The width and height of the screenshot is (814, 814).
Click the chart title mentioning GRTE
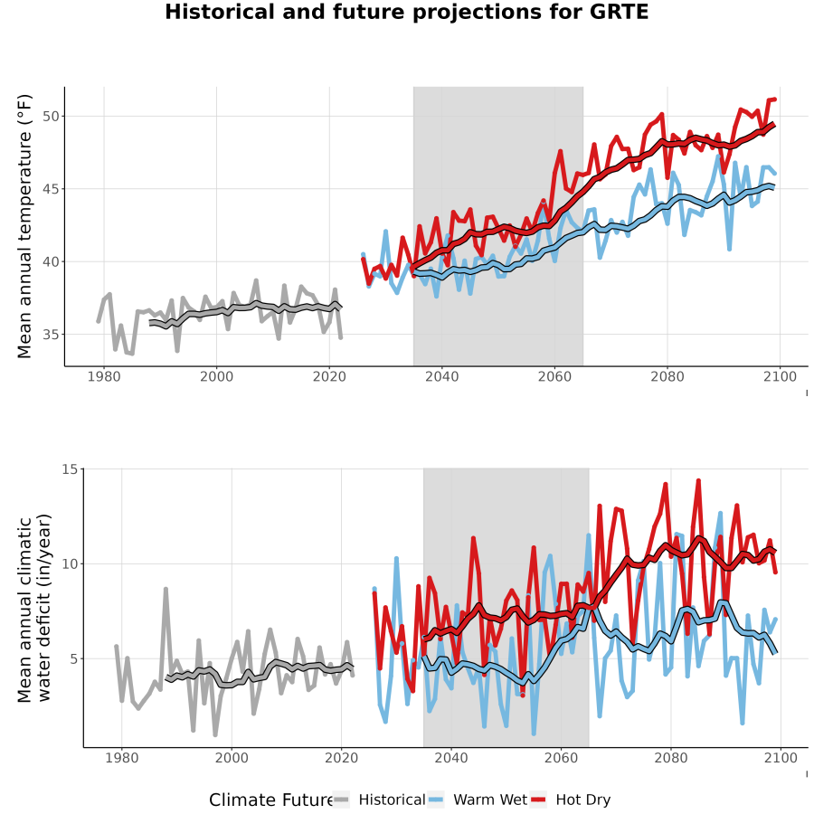pyautogui.click(x=406, y=12)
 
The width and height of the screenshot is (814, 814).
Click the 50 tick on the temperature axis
pyautogui.click(x=51, y=117)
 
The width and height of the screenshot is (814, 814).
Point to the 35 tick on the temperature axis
pyautogui.click(x=51, y=335)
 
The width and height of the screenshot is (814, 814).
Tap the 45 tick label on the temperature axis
pyautogui.click(x=51, y=189)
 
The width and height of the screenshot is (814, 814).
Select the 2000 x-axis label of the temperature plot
pyautogui.click(x=216, y=376)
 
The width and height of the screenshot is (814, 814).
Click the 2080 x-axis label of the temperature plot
pyautogui.click(x=667, y=376)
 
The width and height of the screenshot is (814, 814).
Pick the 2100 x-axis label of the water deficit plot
pyautogui.click(x=781, y=758)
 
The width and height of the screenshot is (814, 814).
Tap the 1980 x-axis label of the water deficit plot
pyautogui.click(x=121, y=758)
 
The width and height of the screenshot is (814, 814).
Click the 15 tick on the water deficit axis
pyautogui.click(x=70, y=469)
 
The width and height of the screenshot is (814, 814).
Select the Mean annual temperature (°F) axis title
pyautogui.click(x=24, y=226)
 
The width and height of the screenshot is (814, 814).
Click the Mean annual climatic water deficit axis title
pyautogui.click(x=34, y=608)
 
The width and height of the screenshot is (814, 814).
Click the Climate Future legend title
pyautogui.click(x=271, y=800)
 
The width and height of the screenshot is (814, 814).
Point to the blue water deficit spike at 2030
pyautogui.click(x=396, y=559)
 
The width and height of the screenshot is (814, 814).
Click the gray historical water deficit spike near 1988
pyautogui.click(x=166, y=589)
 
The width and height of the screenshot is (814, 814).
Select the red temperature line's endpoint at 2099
pyautogui.click(x=774, y=99)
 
